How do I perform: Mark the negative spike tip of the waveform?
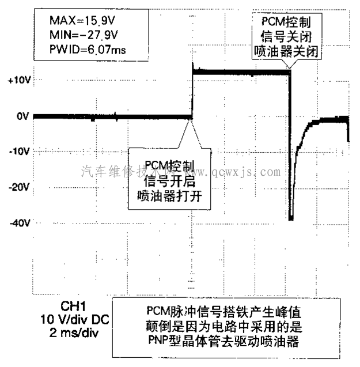coord(291,218)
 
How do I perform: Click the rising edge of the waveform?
coord(192,92)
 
